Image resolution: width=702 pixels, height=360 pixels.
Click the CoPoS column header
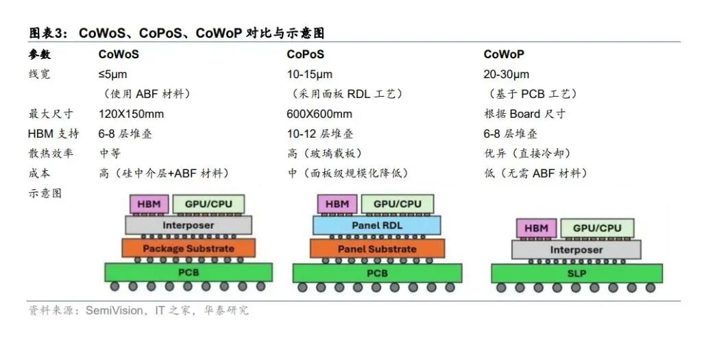[x=305, y=55]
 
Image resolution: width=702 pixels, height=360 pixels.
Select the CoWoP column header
[x=504, y=55]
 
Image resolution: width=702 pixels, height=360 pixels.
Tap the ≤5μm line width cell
[x=113, y=74]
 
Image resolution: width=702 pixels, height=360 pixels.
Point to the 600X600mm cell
[x=319, y=114]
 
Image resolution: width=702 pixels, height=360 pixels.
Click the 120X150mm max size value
[x=131, y=114]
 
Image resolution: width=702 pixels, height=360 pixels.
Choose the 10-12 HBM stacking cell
[x=320, y=134]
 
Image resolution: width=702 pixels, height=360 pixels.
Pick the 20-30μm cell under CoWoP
[x=507, y=74]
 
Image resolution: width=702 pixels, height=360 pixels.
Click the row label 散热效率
[x=51, y=154]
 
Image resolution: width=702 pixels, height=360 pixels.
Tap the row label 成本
[x=39, y=173]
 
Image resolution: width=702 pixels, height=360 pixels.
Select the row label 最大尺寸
[x=51, y=114]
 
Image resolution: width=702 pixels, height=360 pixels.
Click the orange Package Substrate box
[x=189, y=248]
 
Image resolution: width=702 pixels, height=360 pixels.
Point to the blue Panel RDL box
[x=376, y=225]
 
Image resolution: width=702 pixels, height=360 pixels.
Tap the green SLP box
[x=577, y=273]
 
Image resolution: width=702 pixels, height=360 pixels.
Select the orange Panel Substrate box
[x=377, y=248]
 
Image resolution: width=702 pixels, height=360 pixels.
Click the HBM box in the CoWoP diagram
[x=536, y=228]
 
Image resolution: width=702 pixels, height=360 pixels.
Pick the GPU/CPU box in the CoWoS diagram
[x=208, y=204]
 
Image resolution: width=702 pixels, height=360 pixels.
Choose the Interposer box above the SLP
[x=576, y=250]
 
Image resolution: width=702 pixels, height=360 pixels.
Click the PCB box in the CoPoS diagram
[x=377, y=273]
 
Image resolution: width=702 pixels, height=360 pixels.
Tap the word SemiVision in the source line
[x=114, y=311]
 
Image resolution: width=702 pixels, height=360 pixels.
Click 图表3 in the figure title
[x=48, y=33]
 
